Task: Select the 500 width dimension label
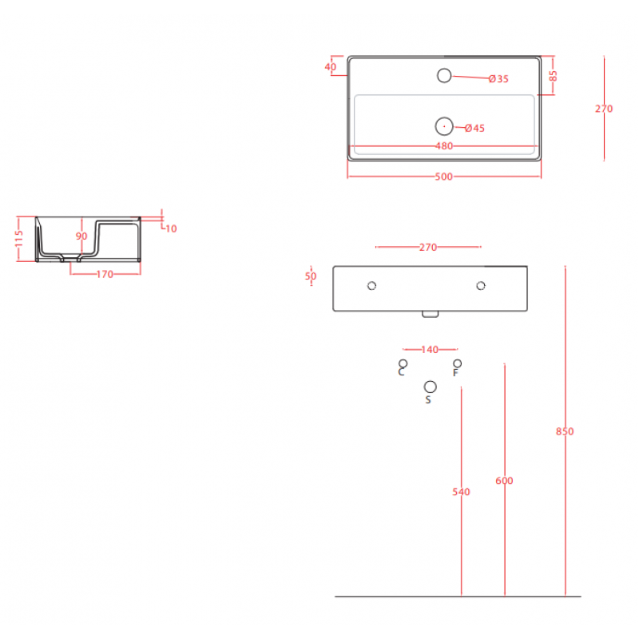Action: click(x=444, y=177)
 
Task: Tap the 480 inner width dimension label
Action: click(x=444, y=146)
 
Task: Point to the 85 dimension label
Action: click(x=553, y=76)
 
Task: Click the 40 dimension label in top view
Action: click(x=331, y=67)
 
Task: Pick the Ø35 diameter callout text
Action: click(x=498, y=79)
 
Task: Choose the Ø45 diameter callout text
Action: click(x=474, y=129)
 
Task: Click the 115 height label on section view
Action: click(x=19, y=239)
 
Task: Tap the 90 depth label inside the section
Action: click(x=81, y=236)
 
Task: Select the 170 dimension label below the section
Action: click(x=105, y=274)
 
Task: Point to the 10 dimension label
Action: click(x=171, y=229)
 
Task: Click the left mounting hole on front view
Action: click(x=371, y=286)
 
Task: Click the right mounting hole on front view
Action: click(x=481, y=286)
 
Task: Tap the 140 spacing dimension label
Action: click(x=430, y=350)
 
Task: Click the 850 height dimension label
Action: click(x=565, y=431)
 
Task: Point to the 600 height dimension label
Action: click(x=504, y=481)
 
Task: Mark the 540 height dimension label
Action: click(x=461, y=492)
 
